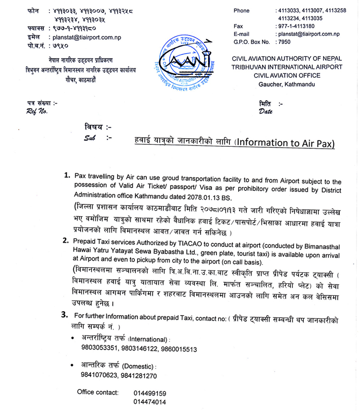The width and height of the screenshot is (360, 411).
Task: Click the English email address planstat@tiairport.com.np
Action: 308,34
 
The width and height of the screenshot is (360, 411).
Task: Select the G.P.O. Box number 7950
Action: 284,42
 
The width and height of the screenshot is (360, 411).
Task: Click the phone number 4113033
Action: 289,11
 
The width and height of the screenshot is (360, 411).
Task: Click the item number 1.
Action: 68,176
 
